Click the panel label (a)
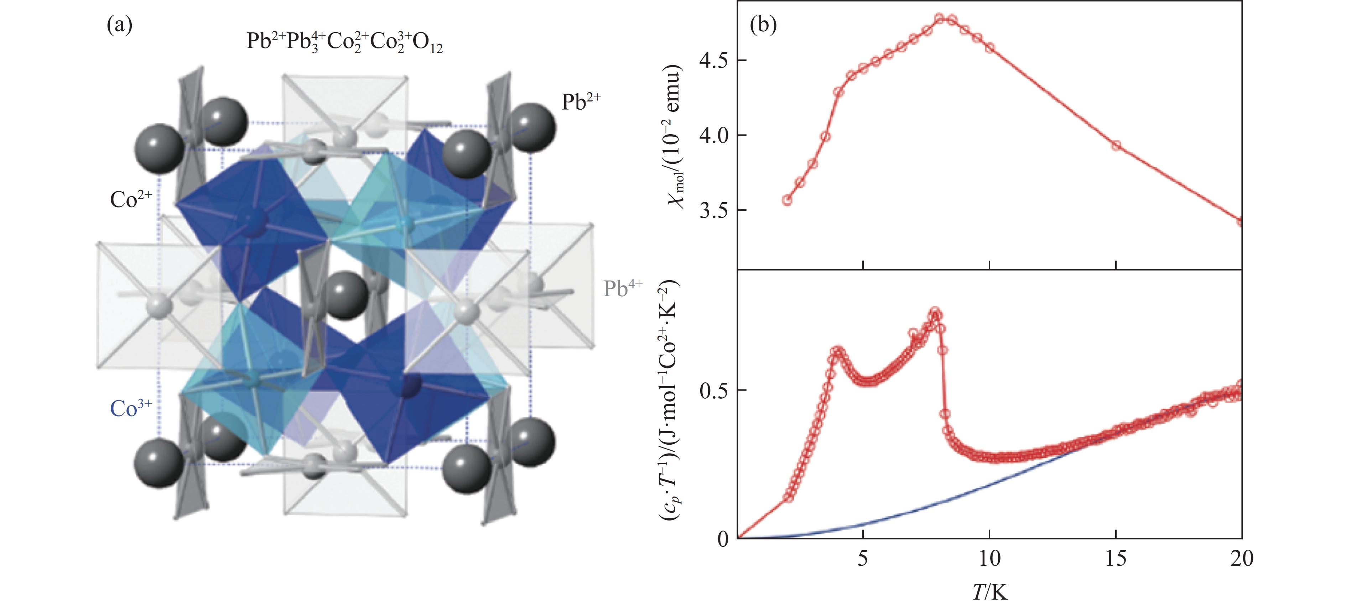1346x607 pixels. point(120,25)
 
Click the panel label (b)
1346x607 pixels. point(763,25)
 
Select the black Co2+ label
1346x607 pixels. point(131,199)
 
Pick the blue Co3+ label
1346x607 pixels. point(131,408)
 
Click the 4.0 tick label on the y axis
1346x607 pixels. point(715,135)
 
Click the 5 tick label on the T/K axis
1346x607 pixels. point(863,559)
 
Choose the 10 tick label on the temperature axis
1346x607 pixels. point(989,559)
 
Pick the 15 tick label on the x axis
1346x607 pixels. point(1116,559)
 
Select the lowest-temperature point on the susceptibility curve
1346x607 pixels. point(787,200)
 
